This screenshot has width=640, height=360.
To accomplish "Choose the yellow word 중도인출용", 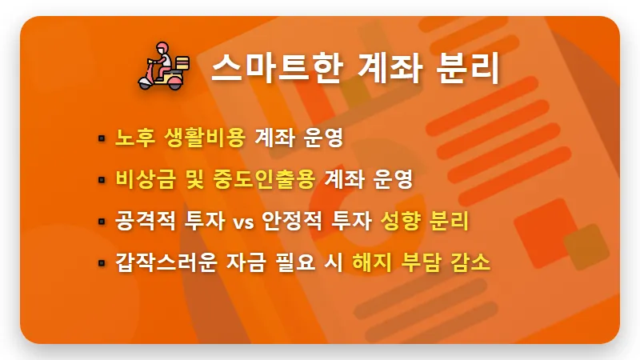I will (x=263, y=179).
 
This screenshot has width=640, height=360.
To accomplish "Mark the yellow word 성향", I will (x=401, y=221).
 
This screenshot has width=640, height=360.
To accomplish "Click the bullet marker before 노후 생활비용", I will (x=102, y=138).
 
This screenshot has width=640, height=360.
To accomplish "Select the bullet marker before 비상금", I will (x=102, y=180).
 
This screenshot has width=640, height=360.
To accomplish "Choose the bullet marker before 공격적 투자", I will (x=102, y=222).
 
